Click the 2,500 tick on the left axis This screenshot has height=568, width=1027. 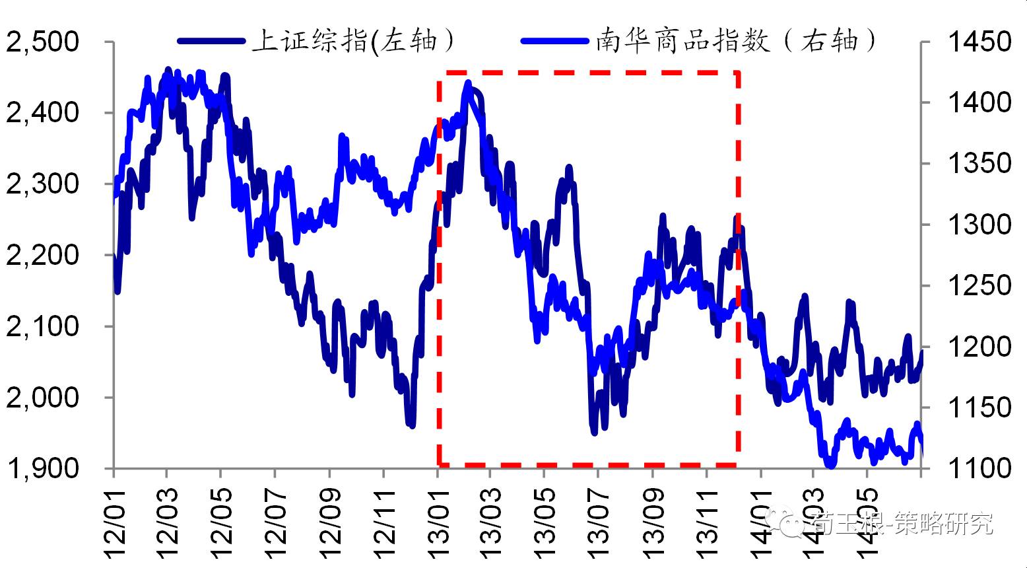42,42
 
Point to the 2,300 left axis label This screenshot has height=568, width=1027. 42,184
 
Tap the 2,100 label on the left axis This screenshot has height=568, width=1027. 42,326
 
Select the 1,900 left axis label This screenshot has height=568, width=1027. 42,468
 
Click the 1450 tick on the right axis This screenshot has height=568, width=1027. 979,42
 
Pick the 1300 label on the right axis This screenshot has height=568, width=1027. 979,225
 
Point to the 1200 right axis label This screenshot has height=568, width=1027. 979,346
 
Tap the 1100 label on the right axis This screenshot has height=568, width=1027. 979,468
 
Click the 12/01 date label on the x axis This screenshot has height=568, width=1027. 114,522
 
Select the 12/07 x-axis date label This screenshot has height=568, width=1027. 276,522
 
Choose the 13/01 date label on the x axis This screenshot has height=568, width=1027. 438,522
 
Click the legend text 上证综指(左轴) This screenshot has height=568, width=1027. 354,41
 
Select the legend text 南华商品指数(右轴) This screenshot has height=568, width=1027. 737,41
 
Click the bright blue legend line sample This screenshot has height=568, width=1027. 555,41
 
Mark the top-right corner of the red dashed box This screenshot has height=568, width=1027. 738,71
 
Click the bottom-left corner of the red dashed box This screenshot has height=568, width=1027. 439,465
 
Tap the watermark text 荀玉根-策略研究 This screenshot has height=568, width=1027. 902,524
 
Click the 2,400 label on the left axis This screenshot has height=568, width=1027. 42,113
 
